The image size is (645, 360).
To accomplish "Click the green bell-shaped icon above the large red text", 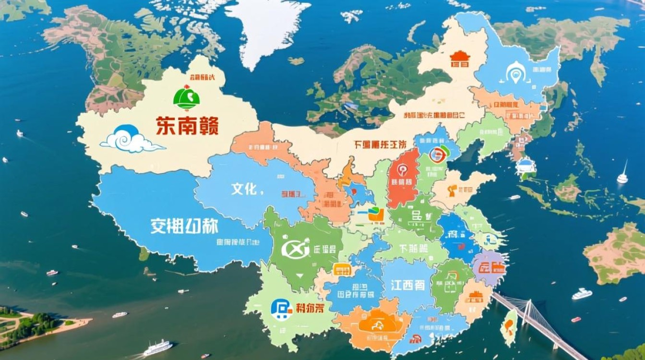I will click(x=186, y=97).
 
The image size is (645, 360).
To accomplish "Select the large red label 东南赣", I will click(x=187, y=126).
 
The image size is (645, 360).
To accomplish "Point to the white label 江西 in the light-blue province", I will click(x=407, y=285).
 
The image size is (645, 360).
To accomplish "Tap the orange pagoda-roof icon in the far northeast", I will click(x=459, y=59).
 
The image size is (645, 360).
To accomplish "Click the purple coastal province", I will click(x=490, y=267).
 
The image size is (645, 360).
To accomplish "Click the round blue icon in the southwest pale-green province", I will click(x=281, y=309).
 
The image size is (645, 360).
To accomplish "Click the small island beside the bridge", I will click(x=509, y=327).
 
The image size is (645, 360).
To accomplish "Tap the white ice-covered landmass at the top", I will click(x=266, y=29).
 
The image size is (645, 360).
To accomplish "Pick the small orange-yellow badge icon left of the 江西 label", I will click(x=342, y=270).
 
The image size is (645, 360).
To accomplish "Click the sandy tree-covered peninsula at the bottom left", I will click(x=38, y=326).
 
